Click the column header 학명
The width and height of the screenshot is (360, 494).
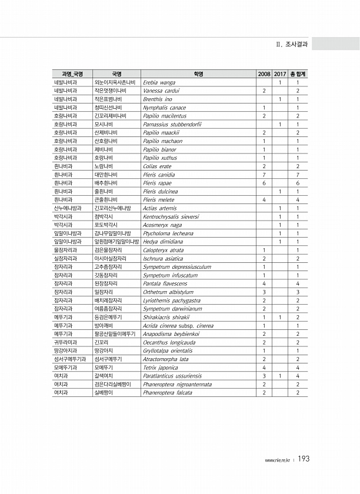197,74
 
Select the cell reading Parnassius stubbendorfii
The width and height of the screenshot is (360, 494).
172,124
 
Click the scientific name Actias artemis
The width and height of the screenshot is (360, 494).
159,208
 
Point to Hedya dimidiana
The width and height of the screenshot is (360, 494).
163,241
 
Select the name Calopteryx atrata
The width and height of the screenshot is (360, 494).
164,250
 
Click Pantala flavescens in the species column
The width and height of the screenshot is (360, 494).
165,283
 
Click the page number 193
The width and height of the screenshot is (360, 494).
304,459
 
